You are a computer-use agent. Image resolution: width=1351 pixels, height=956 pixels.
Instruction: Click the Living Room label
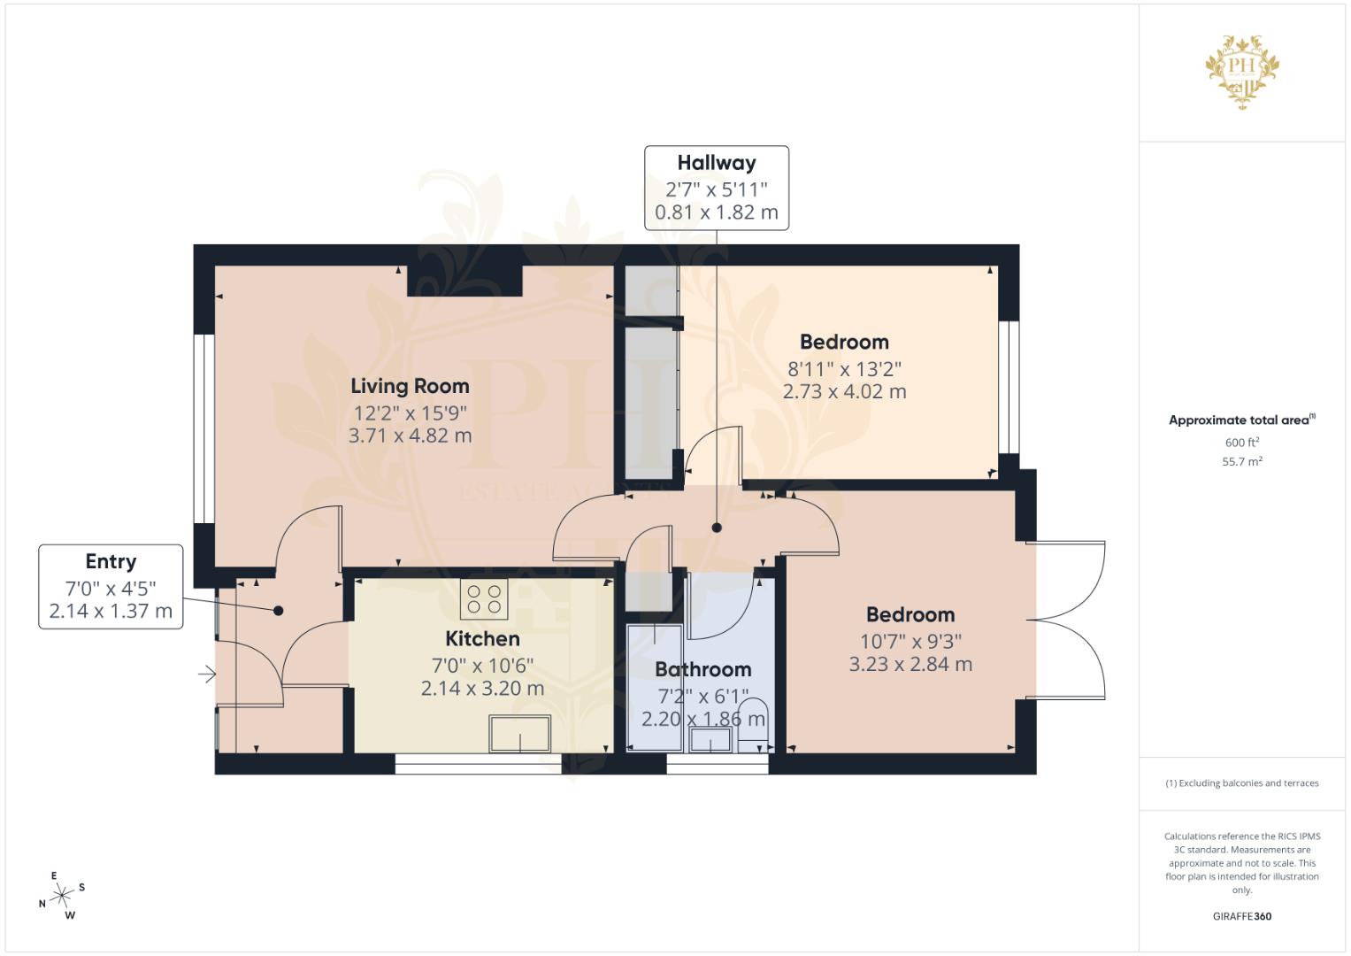point(411,386)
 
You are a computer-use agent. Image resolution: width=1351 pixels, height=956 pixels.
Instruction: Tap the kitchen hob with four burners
point(484,599)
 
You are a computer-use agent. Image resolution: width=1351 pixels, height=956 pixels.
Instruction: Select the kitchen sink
point(520,733)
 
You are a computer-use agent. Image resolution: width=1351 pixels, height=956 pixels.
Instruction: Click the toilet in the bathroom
point(753,726)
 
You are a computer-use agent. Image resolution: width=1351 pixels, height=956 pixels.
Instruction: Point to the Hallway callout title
point(717,163)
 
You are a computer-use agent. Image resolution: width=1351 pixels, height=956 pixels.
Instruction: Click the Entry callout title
point(111,561)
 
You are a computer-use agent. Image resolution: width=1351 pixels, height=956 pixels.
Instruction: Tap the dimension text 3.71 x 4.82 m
point(411,436)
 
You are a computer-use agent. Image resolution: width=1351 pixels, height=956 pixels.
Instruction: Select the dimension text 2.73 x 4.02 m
point(844,391)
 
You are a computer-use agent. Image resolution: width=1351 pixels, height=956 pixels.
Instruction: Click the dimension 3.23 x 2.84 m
point(910,665)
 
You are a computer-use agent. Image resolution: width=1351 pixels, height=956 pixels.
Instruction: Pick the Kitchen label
point(482,638)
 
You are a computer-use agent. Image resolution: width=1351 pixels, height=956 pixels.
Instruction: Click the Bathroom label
point(703,669)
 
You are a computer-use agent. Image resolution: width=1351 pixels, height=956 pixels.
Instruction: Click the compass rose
point(62,896)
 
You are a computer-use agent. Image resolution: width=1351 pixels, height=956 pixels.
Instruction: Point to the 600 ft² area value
point(1242,443)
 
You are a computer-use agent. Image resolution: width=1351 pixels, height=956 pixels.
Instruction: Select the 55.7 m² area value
point(1242,462)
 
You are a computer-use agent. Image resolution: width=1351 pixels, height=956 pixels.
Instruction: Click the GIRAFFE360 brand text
point(1242,916)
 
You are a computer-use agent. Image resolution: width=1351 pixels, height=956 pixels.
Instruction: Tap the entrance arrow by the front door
point(207,674)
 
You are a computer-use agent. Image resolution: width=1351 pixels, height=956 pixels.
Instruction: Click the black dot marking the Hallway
point(717,528)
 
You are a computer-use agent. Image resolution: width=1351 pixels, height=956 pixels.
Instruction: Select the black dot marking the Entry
point(278,611)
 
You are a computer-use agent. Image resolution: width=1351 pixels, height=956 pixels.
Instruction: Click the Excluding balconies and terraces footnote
point(1242,783)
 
